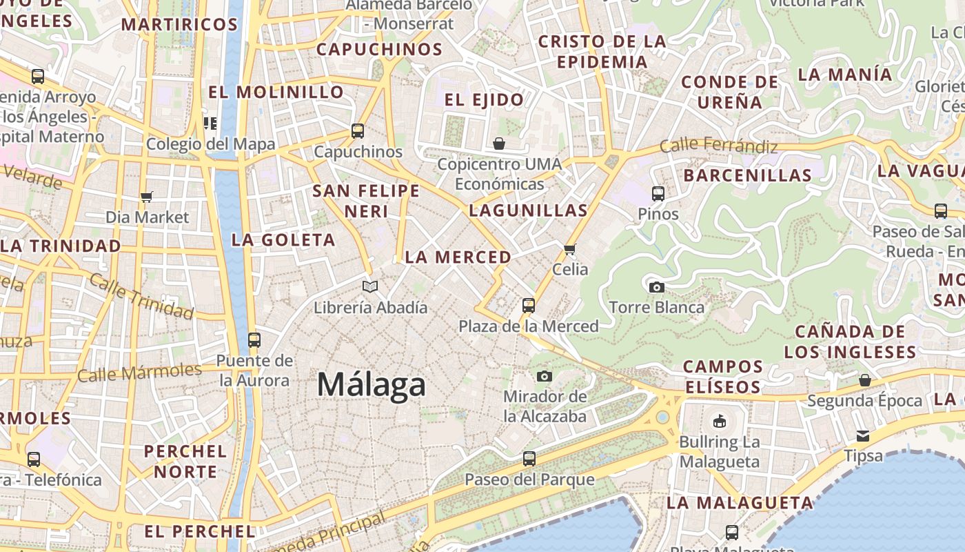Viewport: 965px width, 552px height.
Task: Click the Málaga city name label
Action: click(372, 384)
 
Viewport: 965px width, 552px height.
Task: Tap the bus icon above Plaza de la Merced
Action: click(529, 305)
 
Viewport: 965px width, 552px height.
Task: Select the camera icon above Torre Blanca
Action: click(657, 287)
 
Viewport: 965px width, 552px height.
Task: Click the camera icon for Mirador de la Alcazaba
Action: click(545, 376)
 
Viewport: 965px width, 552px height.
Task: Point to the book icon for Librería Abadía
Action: click(370, 286)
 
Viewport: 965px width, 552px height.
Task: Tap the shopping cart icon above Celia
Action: click(569, 249)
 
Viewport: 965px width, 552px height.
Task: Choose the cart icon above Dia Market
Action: click(146, 197)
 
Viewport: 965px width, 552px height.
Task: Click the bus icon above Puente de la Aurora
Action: click(254, 339)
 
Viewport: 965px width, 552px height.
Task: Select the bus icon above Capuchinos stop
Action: click(358, 131)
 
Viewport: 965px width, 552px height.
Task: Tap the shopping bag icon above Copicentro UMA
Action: click(499, 144)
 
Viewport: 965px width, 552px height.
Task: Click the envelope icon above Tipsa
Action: click(863, 436)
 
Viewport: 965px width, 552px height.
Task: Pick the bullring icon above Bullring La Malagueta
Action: click(720, 421)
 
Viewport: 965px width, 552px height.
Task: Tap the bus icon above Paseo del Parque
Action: click(529, 458)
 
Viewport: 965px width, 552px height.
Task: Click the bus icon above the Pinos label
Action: click(658, 194)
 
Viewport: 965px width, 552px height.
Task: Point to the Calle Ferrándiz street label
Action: click(718, 146)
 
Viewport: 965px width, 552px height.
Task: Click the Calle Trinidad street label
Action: click(141, 297)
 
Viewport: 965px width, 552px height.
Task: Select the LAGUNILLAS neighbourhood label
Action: click(528, 210)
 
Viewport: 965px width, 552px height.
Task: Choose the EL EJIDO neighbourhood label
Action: click(484, 99)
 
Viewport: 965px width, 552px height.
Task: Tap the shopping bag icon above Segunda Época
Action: click(865, 380)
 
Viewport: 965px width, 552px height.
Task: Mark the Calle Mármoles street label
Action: click(139, 373)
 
